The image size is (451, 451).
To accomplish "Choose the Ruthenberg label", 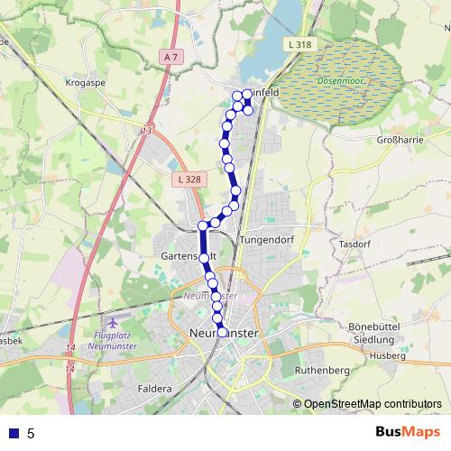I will click(x=321, y=370).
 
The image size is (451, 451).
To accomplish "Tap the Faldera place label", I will click(x=155, y=389).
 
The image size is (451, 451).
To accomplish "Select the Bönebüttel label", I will click(x=371, y=326).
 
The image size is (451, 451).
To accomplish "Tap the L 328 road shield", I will click(x=189, y=180).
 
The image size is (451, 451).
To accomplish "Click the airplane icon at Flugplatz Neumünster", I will click(x=112, y=322).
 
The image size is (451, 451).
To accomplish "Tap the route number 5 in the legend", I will click(x=32, y=433).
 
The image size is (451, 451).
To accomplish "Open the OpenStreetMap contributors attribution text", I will click(x=372, y=404).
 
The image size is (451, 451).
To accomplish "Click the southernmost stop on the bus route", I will click(x=222, y=332).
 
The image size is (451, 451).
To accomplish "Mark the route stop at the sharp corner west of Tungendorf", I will click(x=203, y=225).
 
